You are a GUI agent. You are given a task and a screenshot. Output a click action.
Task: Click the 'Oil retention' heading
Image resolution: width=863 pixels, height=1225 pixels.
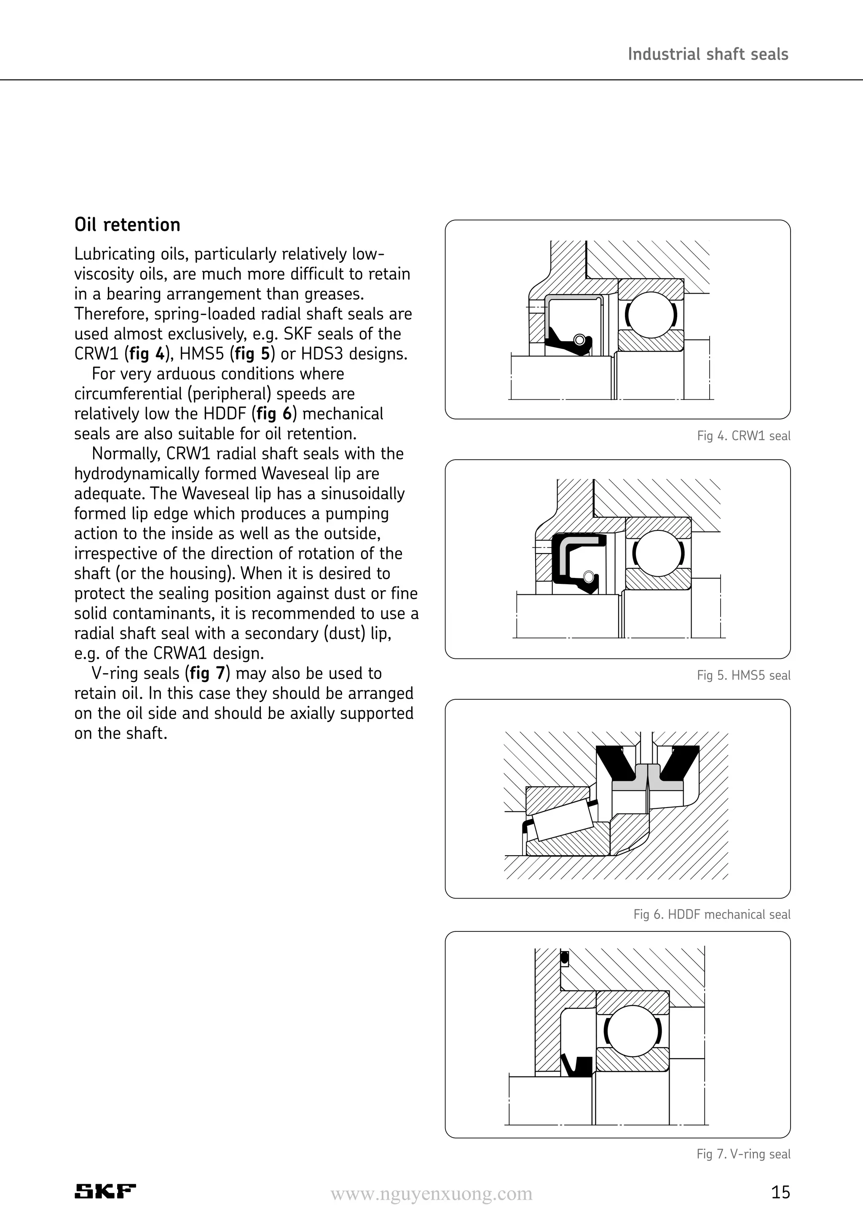[x=127, y=225]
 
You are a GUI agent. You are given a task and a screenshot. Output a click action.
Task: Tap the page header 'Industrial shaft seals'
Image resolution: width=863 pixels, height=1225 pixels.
[x=708, y=54]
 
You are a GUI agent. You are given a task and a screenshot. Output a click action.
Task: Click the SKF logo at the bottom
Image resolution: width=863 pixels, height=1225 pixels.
[x=105, y=1191]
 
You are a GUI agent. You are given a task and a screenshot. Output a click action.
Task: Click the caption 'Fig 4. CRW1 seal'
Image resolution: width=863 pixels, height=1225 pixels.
[x=743, y=436]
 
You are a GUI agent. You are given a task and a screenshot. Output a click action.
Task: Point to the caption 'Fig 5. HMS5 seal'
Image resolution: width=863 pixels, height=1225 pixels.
[x=743, y=675]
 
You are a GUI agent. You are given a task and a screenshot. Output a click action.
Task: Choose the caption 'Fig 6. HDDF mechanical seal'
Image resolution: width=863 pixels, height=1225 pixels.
[x=711, y=915]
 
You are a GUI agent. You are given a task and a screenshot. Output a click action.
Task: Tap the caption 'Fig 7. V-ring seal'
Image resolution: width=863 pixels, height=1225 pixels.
[x=743, y=1154]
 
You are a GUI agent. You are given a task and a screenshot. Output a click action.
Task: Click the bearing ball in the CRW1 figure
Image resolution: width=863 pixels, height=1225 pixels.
[x=651, y=315]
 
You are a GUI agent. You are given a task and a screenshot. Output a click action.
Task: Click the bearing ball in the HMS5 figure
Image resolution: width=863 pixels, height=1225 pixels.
[x=658, y=553]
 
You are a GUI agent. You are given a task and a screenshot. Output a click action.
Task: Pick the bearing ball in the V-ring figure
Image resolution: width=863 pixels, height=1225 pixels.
[x=633, y=1030]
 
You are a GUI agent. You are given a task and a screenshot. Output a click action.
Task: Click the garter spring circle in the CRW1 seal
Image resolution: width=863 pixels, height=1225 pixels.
[x=579, y=340]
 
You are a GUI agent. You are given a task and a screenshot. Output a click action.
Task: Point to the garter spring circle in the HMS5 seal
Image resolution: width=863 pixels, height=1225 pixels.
[x=589, y=577]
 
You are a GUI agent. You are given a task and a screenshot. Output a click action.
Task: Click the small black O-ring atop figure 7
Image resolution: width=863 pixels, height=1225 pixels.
[x=565, y=959]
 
